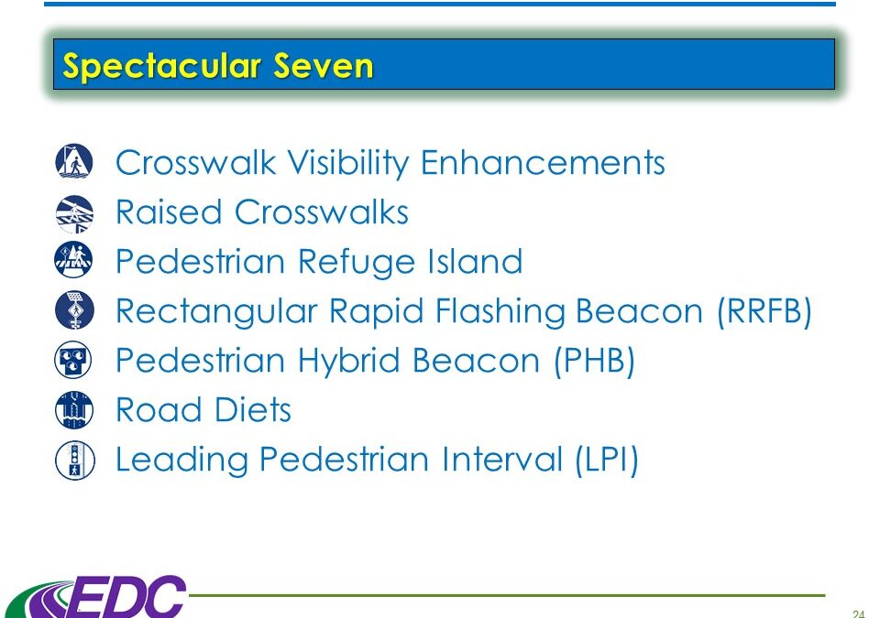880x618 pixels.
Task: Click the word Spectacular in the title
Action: point(162,67)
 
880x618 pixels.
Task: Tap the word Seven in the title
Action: point(324,66)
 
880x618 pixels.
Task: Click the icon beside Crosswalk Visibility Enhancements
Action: point(74,161)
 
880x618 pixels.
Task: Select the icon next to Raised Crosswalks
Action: point(74,213)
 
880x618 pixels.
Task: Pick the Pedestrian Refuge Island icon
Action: point(74,260)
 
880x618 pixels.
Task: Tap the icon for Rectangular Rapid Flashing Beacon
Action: point(74,310)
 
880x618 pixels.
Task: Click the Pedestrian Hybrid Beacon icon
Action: point(73,360)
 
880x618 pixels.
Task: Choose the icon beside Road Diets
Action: point(74,410)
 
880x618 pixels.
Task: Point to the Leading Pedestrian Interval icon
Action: point(74,461)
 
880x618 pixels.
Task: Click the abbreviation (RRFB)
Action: point(764,311)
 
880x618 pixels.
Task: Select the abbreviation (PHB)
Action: point(594,361)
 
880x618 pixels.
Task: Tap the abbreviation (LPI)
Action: point(607,460)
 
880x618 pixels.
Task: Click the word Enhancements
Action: point(543,163)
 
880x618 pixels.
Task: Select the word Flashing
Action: point(500,312)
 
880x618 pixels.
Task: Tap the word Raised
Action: point(169,212)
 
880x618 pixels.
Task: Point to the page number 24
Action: point(858,613)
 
